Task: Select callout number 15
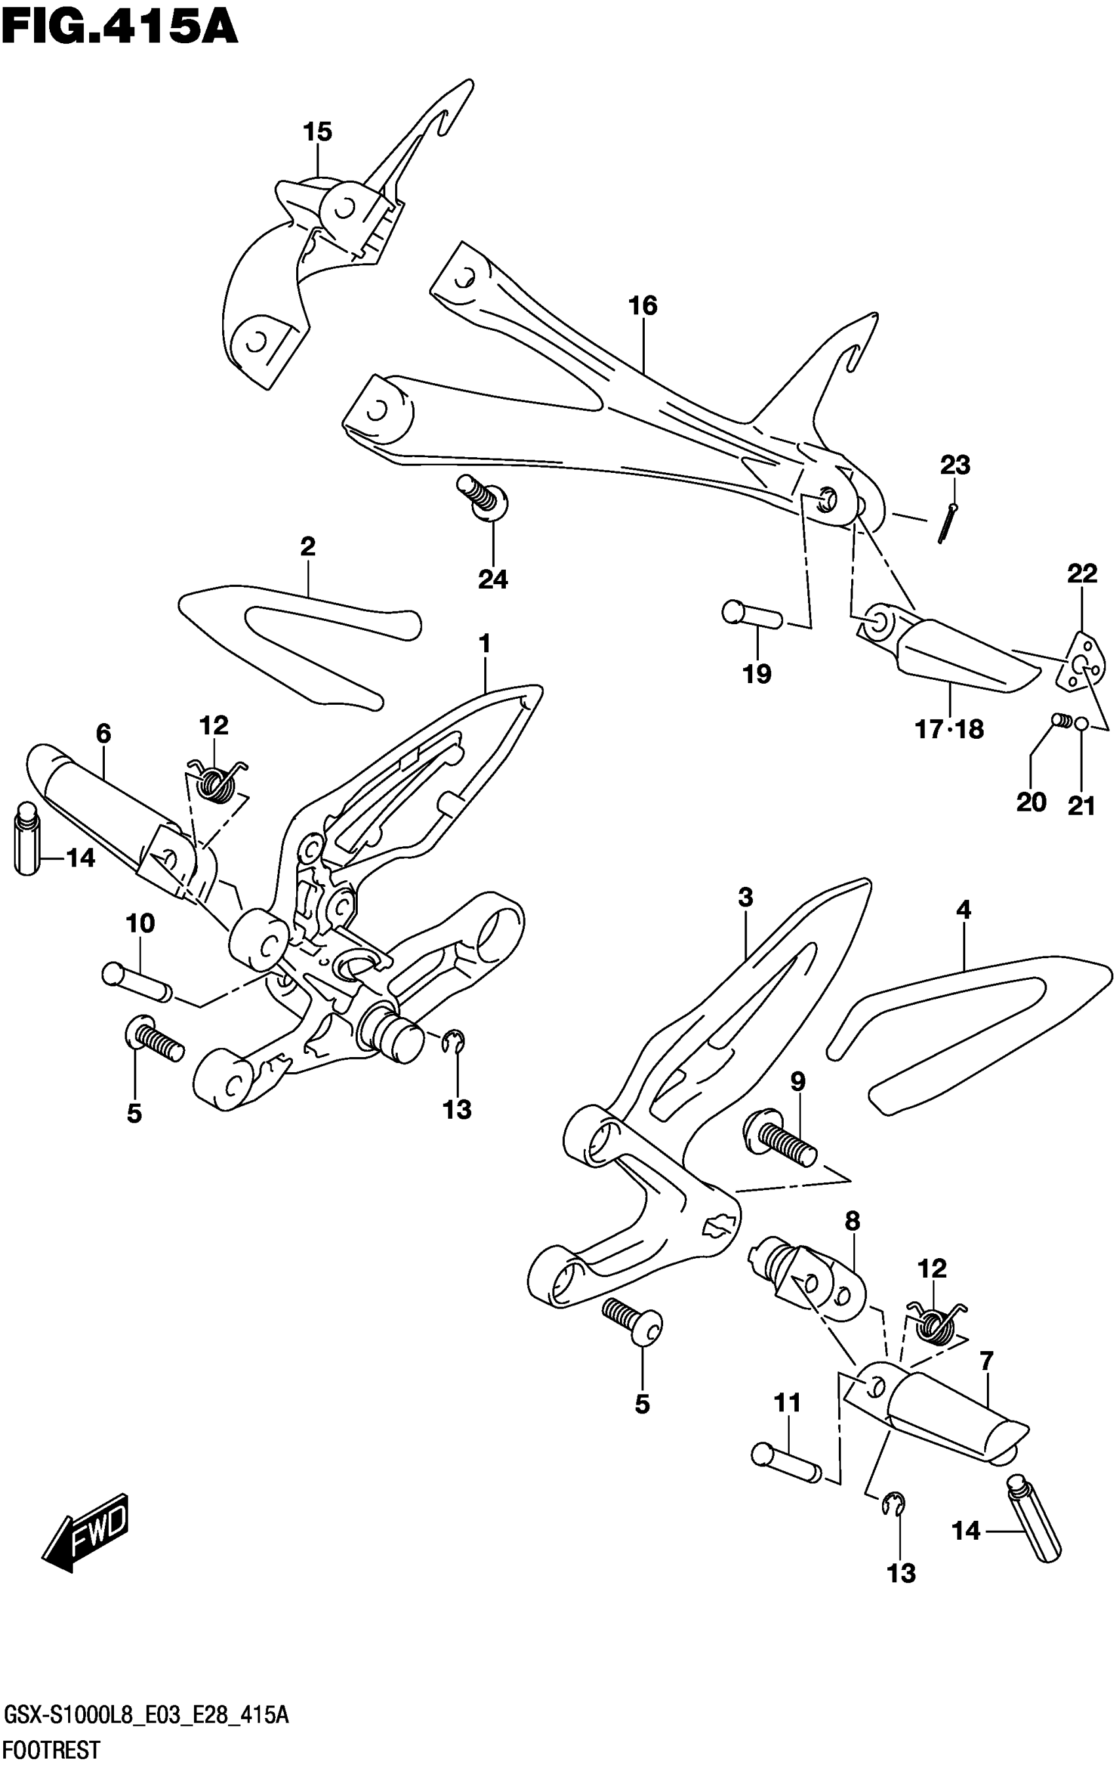click(318, 132)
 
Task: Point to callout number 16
click(642, 305)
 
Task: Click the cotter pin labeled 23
click(946, 523)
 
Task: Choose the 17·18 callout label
click(948, 730)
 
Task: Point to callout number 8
click(852, 1221)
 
